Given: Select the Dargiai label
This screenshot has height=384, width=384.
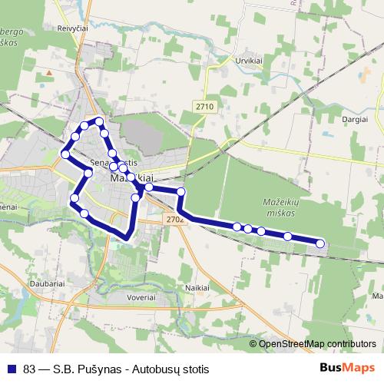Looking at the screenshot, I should pyautogui.click(x=356, y=120).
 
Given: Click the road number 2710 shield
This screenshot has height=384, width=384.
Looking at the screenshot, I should pyautogui.click(x=204, y=107).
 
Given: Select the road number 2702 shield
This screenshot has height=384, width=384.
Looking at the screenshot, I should pyautogui.click(x=174, y=220).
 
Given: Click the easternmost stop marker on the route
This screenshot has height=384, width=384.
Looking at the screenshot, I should pyautogui.click(x=320, y=244).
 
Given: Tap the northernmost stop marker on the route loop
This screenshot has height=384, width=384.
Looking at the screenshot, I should pyautogui.click(x=99, y=121).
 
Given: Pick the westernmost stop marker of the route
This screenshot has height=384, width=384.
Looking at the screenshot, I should pyautogui.click(x=65, y=154).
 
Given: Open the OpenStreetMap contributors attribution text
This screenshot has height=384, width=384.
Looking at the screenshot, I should pyautogui.click(x=316, y=344).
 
